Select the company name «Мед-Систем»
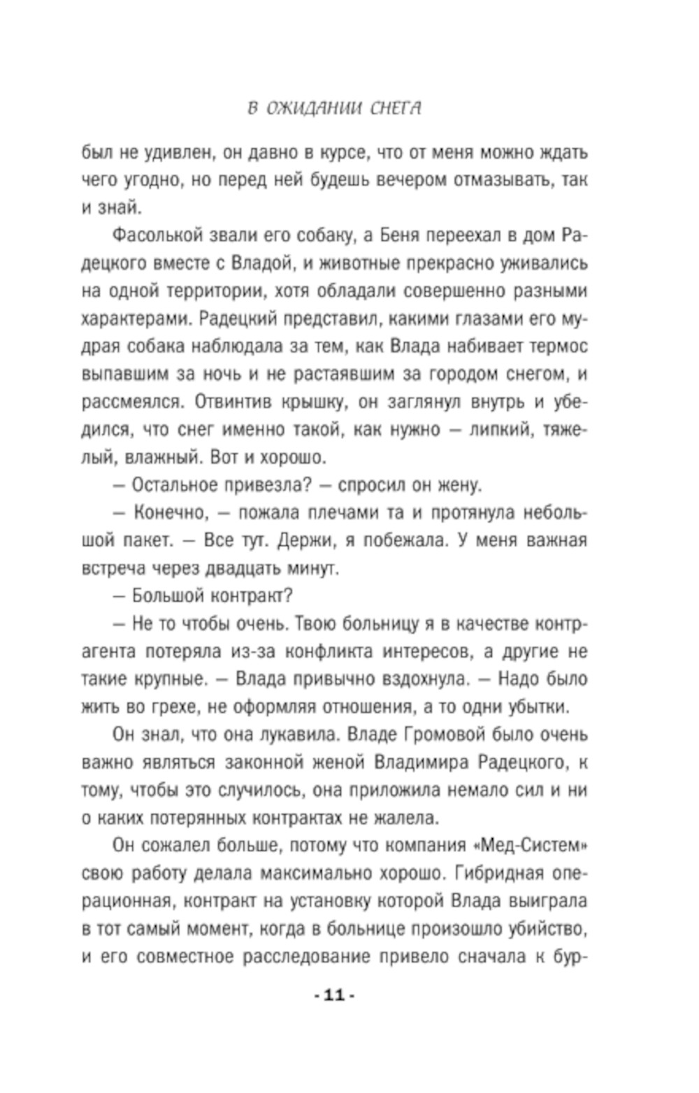[x=530, y=845]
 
